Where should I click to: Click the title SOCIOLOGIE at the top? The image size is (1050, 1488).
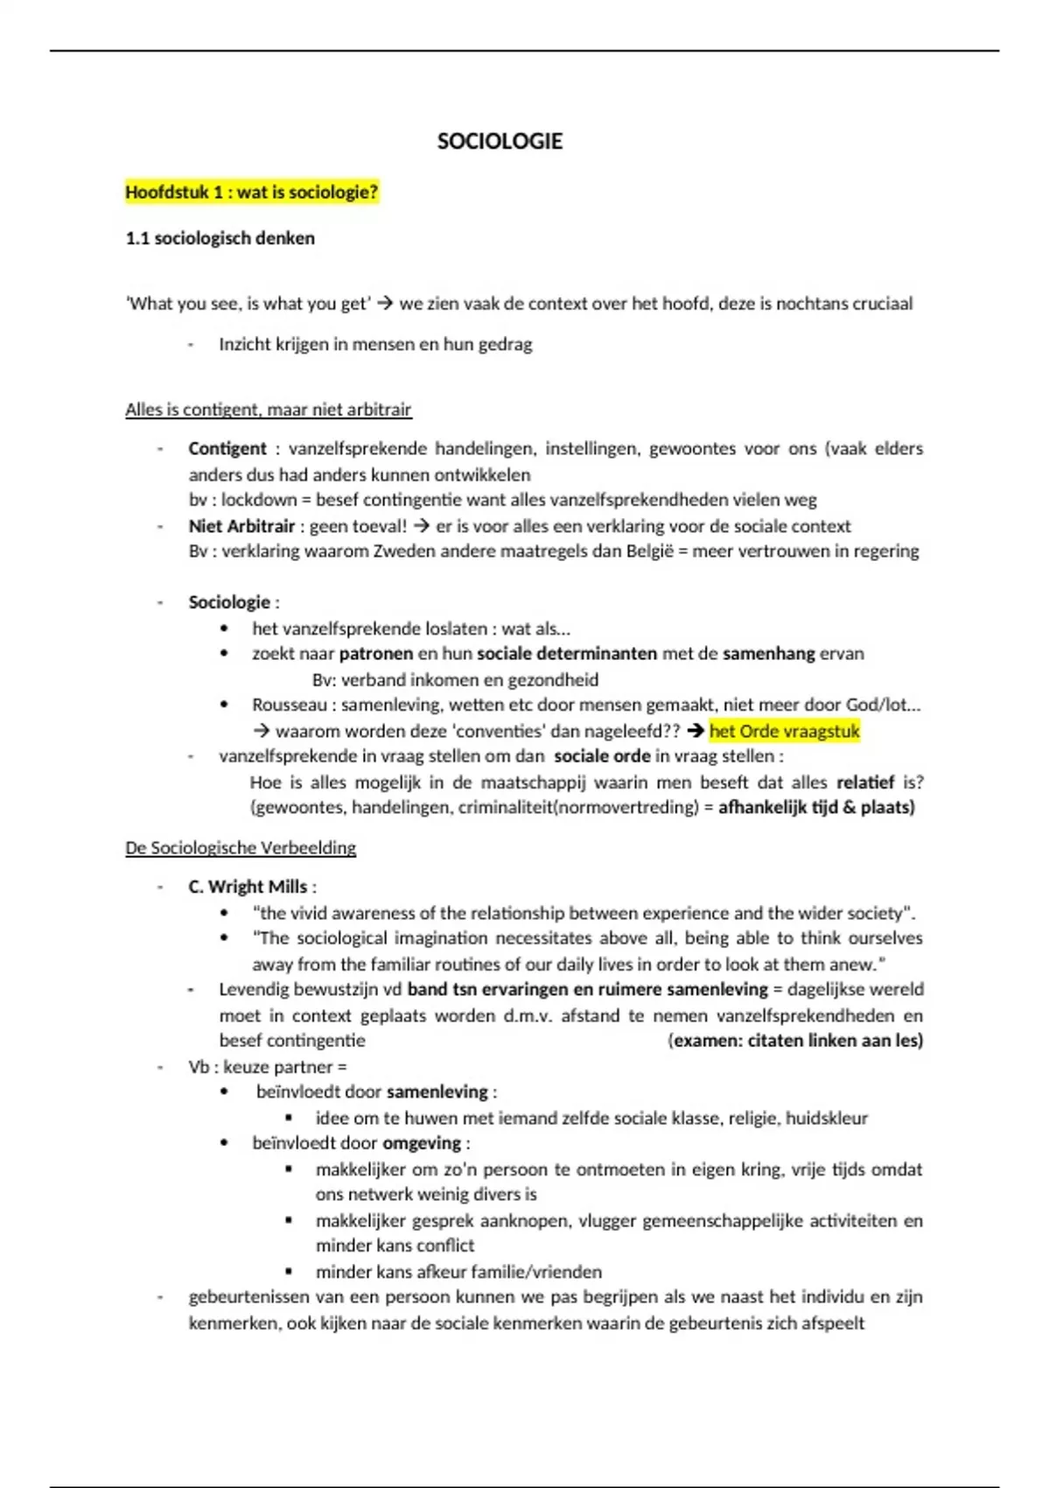point(500,142)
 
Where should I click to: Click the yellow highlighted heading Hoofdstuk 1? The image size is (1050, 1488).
point(251,193)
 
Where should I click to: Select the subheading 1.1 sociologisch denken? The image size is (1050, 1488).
point(220,238)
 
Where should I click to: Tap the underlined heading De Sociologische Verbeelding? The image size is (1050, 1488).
point(241,847)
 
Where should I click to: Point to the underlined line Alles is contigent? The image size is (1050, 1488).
point(268,410)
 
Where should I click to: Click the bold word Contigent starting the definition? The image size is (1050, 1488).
point(227,449)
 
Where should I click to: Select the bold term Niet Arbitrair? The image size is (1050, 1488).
point(241,526)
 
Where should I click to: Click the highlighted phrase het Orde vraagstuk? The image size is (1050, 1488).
point(784,731)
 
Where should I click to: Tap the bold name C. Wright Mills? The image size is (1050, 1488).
point(248,887)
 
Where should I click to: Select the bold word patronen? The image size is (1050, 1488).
point(375,654)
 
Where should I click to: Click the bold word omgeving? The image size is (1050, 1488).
point(422,1143)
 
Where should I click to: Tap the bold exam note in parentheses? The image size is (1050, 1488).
point(795,1041)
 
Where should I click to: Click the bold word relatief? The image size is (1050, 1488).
point(864,782)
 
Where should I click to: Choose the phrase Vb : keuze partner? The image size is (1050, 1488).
point(267,1067)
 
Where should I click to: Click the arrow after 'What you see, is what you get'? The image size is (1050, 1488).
point(385,304)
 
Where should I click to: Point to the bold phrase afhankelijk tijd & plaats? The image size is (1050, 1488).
point(816,807)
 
